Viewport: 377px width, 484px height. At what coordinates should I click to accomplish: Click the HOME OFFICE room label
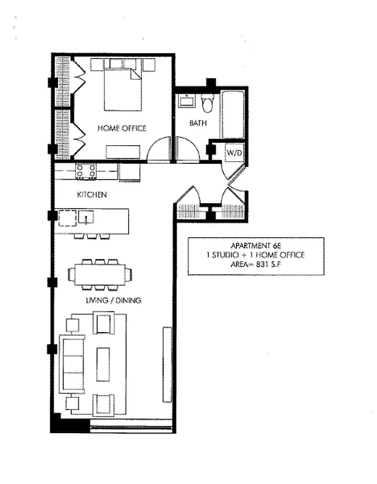coord(122,128)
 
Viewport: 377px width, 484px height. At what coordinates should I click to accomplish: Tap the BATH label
coord(198,123)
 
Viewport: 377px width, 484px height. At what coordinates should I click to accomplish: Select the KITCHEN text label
coord(92,194)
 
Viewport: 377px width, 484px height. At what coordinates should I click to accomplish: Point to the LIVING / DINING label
coord(114,300)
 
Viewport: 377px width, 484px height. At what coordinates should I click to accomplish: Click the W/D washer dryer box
coord(234,152)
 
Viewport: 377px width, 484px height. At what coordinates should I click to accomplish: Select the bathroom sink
coord(187,101)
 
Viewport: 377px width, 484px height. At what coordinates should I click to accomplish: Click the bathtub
coord(233,114)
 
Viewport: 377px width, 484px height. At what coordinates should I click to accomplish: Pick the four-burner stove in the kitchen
coord(86,171)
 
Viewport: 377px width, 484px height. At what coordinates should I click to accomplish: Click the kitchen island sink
coord(86,217)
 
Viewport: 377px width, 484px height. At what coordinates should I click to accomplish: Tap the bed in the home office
coord(123,90)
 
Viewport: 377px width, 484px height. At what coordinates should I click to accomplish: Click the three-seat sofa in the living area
coord(72,364)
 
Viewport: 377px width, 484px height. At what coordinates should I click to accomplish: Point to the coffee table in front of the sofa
coord(103,365)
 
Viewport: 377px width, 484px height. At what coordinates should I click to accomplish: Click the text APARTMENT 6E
coord(256,246)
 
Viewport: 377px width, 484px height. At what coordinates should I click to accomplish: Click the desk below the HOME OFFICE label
coord(123,152)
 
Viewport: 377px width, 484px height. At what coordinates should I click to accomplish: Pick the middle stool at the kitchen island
coord(92,237)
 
